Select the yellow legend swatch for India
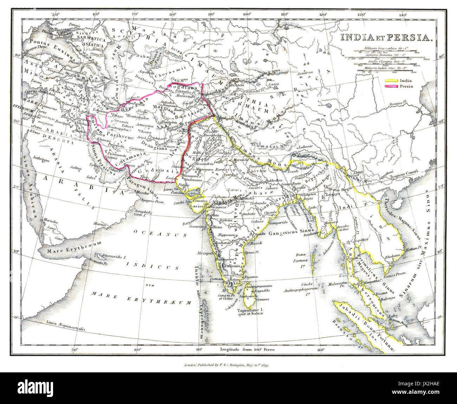pyautogui.click(x=391, y=81)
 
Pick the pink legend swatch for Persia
pyautogui.click(x=391, y=86)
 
